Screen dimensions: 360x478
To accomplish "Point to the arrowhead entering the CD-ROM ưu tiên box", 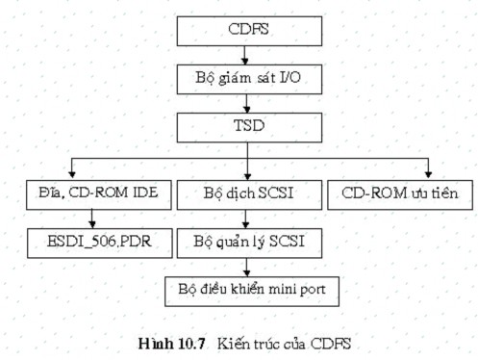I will point(428,176).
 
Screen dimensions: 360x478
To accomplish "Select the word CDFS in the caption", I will point(325,343).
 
